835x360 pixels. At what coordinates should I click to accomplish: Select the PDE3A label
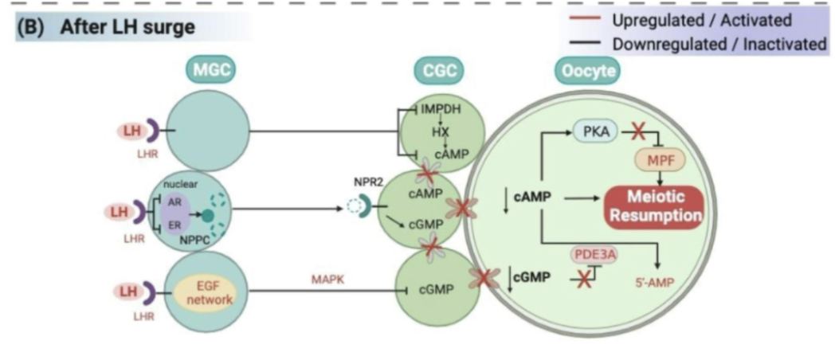(x=594, y=255)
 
